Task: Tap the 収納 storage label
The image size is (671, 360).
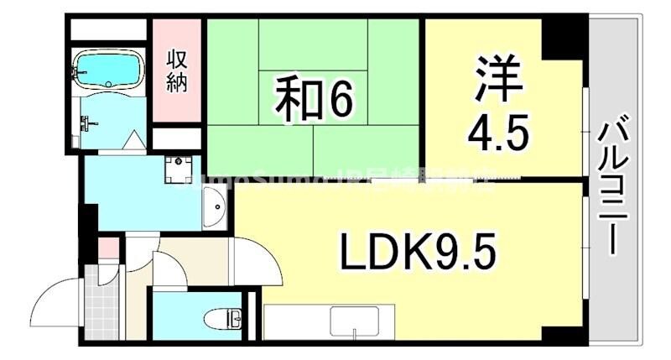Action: pyautogui.click(x=176, y=71)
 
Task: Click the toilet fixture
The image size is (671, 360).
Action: pyautogui.click(x=224, y=319)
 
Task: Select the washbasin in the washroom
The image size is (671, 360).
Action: pyautogui.click(x=214, y=204)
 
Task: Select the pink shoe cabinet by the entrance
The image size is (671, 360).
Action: pyautogui.click(x=107, y=248)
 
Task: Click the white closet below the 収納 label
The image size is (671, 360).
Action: pyautogui.click(x=176, y=138)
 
